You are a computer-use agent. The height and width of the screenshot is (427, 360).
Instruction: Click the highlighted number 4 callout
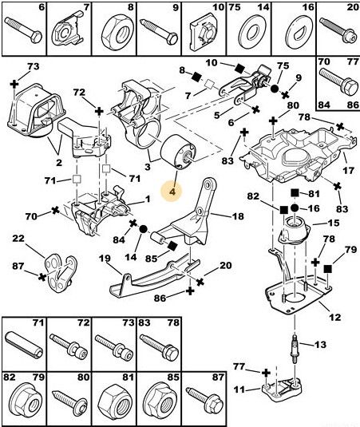tap(172, 192)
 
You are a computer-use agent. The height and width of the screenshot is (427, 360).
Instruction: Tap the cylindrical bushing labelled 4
tap(178, 152)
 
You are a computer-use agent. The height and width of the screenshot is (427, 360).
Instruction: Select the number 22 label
tap(18, 239)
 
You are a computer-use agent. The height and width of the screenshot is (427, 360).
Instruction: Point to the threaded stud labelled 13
tap(295, 348)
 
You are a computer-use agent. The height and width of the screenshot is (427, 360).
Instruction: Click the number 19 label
tap(105, 258)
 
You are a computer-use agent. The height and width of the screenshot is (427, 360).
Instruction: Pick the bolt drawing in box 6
tap(23, 30)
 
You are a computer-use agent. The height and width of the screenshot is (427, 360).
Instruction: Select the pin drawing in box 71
tap(24, 345)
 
